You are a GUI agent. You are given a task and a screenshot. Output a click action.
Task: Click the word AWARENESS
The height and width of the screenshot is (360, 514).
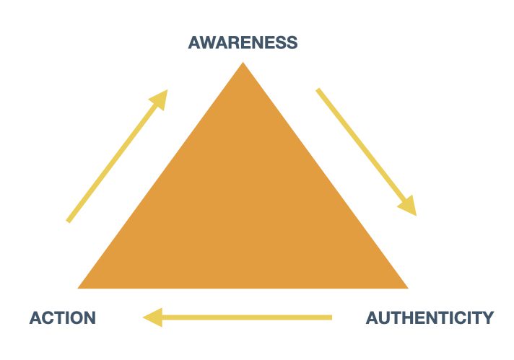tap(243, 43)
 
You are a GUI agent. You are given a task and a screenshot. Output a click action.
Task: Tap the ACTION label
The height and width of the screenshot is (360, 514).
tap(62, 317)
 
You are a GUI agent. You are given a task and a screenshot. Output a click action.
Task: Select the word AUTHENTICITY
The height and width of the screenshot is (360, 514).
tap(430, 317)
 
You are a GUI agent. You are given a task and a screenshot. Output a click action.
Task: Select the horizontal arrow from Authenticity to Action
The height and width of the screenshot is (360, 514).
tap(238, 317)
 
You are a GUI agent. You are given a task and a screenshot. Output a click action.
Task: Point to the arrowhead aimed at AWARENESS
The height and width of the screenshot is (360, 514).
tap(160, 98)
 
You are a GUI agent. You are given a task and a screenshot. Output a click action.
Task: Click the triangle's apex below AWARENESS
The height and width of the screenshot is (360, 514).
tap(243, 64)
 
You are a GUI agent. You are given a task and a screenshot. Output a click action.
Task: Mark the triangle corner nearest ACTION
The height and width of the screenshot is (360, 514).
tap(79, 287)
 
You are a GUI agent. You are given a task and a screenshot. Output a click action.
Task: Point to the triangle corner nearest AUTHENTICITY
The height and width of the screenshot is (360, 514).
tap(406, 287)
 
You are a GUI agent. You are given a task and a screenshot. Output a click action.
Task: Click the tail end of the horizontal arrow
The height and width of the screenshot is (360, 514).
tap(330, 317)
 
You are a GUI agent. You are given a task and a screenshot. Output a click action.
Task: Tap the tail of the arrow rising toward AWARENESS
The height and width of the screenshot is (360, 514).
tap(69, 220)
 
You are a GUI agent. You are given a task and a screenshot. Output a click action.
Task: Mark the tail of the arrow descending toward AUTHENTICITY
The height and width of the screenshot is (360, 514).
tap(318, 90)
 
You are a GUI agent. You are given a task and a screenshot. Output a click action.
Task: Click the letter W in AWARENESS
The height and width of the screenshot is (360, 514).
tap(209, 43)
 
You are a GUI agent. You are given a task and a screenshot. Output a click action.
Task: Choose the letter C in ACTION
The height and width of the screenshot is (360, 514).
tap(47, 317)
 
